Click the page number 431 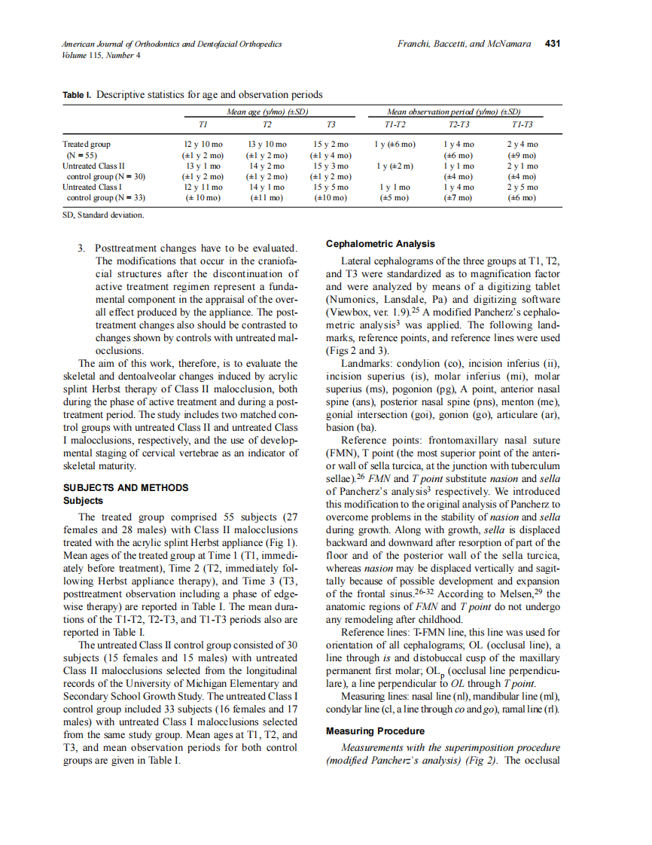553,44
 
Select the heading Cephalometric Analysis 380,244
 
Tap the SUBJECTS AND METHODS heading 126,487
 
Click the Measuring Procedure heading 375,731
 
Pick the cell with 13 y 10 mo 267,144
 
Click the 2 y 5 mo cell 523,186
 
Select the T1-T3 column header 523,124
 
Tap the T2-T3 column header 459,124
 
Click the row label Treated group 87,144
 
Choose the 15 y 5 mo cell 331,186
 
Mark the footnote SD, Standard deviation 102,215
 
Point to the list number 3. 81,248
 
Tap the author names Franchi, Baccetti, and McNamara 464,44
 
